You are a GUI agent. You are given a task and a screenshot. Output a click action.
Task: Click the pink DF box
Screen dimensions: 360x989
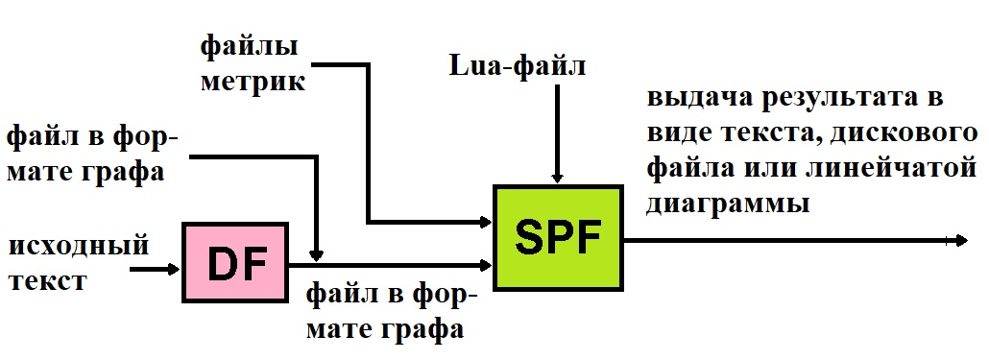tap(235, 262)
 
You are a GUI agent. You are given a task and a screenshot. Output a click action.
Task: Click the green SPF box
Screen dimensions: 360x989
tap(556, 236)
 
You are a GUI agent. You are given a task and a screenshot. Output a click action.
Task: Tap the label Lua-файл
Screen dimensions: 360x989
tap(517, 67)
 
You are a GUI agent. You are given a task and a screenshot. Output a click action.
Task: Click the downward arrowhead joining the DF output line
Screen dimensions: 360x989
tap(317, 253)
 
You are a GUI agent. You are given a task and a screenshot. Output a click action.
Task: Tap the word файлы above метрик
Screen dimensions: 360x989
tap(248, 44)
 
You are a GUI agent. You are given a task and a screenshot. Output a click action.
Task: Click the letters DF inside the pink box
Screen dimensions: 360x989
tap(235, 262)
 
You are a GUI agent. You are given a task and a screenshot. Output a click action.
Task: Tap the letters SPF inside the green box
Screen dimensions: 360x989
tap(556, 236)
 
